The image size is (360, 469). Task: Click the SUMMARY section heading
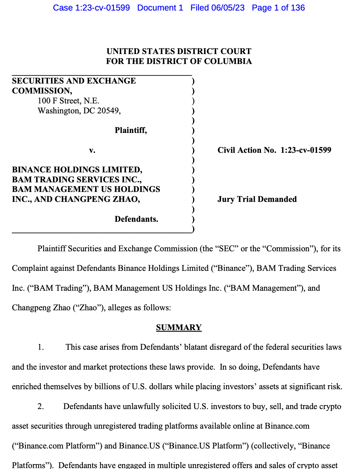[x=179, y=327]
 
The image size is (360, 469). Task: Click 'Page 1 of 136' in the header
[x=278, y=8]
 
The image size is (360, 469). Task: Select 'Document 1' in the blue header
[x=160, y=8]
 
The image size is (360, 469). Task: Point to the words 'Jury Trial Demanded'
[x=257, y=199]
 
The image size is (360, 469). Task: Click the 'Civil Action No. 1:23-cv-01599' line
[x=274, y=150]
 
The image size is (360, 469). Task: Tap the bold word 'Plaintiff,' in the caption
[x=131, y=130]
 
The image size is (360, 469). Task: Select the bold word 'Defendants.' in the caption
[x=136, y=219]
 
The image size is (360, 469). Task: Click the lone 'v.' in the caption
[x=92, y=150]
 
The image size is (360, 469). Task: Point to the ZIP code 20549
[x=108, y=111]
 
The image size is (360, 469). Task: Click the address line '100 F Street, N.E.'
[x=69, y=101]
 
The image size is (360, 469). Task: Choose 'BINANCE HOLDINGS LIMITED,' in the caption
[x=77, y=170]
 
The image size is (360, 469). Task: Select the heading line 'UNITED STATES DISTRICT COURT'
[x=179, y=51]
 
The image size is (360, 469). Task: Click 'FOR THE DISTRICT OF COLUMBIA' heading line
[x=179, y=61]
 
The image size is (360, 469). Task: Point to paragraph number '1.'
[x=41, y=347]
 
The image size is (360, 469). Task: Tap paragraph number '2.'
[x=41, y=407]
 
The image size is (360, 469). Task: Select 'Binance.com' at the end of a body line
[x=287, y=426]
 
